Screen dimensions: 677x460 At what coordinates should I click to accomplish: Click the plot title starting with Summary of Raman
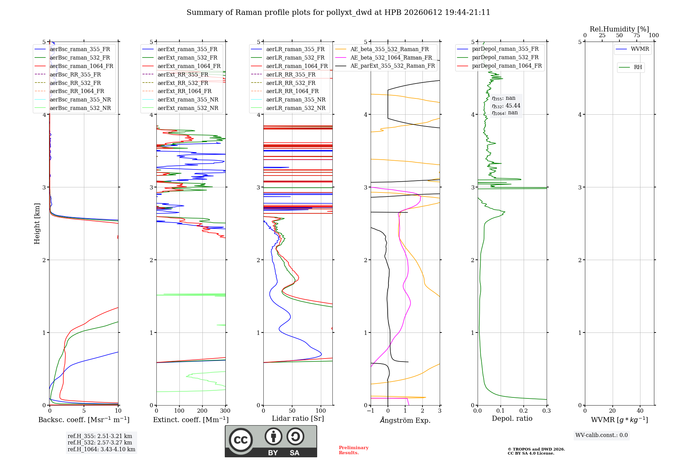[338, 13]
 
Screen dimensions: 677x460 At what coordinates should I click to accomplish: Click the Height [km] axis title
[37, 224]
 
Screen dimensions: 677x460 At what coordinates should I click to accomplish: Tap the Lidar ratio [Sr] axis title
[298, 418]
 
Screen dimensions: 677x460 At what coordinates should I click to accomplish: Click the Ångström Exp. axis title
[405, 420]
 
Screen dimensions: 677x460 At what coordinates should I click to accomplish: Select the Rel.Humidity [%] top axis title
[619, 29]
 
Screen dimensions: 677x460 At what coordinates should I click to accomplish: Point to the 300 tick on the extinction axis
[225, 411]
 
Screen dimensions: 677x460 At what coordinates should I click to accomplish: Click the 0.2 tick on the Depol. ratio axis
[524, 411]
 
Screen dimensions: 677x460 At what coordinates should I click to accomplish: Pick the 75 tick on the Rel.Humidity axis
[636, 35]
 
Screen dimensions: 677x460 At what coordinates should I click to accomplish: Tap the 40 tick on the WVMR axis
[640, 411]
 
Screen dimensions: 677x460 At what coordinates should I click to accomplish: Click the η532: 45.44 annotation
[506, 106]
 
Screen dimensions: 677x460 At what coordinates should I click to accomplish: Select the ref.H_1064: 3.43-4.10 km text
[101, 450]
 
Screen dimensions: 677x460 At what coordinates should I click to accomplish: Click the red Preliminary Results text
[354, 450]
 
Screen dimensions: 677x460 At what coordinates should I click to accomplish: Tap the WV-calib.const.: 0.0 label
[602, 435]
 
